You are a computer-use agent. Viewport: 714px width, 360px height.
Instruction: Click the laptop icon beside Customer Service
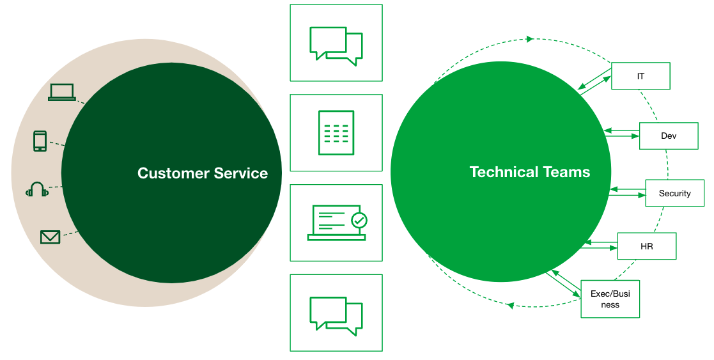click(62, 92)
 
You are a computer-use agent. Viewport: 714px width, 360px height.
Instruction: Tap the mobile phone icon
click(40, 141)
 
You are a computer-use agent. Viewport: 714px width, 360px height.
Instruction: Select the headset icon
click(36, 189)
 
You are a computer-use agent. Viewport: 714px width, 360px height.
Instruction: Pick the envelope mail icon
click(50, 237)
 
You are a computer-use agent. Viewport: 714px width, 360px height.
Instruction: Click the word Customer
click(173, 173)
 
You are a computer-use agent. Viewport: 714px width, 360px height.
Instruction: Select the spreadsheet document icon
click(336, 132)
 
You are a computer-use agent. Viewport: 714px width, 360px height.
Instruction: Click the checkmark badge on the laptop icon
click(359, 221)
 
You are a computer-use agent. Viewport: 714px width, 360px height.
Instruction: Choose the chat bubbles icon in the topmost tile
click(336, 45)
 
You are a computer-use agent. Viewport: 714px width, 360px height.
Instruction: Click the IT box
click(640, 76)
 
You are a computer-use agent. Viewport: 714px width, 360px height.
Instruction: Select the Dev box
click(669, 136)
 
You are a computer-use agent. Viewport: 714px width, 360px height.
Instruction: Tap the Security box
click(674, 193)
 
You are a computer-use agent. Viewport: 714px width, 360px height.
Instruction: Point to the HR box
click(646, 246)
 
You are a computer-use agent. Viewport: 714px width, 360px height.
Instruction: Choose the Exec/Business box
click(610, 299)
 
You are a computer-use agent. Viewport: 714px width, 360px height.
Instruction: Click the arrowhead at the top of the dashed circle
click(530, 39)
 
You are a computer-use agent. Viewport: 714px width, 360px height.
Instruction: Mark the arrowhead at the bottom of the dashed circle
click(510, 306)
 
